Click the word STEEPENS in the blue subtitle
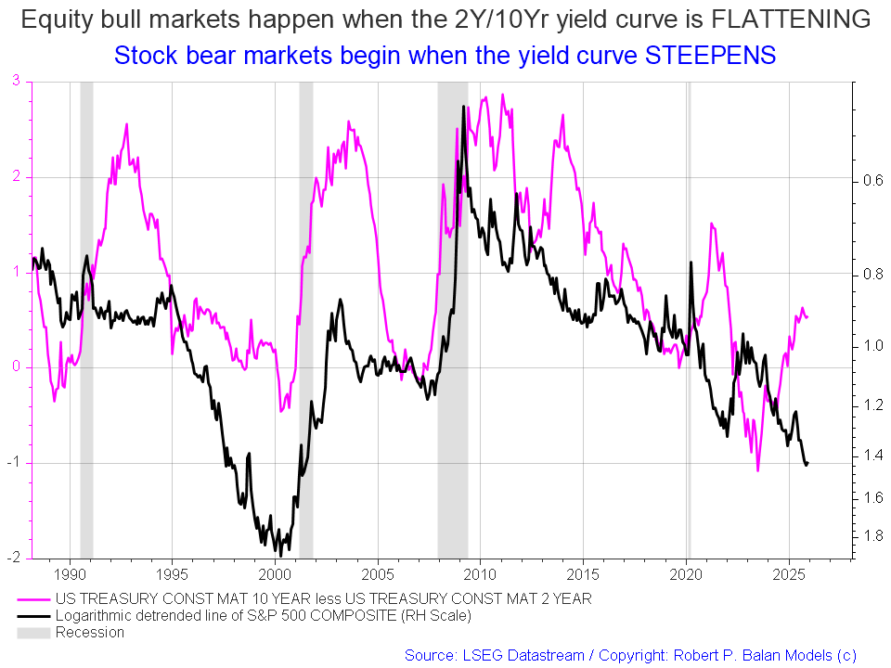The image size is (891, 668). [710, 56]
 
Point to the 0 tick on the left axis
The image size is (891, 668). [16, 367]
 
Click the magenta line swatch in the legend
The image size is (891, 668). [34, 599]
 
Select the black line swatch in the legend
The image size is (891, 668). [34, 616]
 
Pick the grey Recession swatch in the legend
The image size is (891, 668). [34, 633]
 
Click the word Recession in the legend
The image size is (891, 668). [89, 633]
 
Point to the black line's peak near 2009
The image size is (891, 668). [463, 108]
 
